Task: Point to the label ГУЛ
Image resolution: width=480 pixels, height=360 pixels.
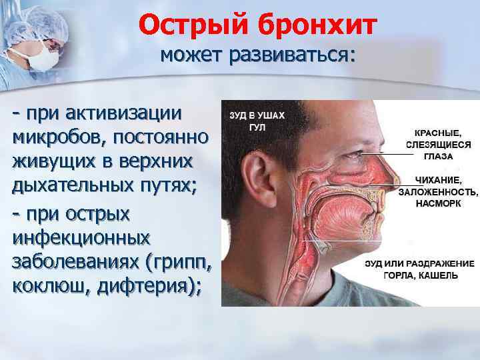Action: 239,126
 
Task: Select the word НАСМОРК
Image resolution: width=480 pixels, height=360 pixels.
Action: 438,203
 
